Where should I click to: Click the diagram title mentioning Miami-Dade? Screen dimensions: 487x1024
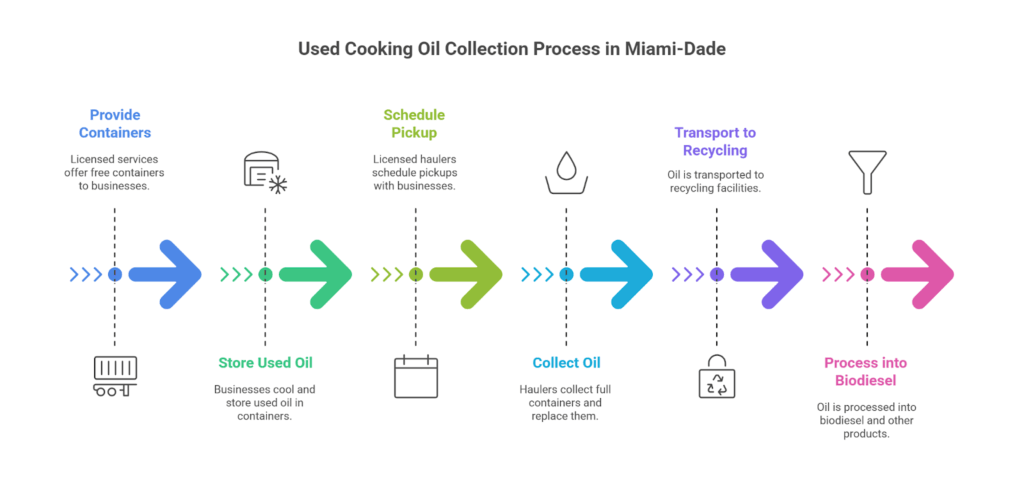(x=511, y=49)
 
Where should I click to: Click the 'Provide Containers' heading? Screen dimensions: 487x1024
(x=114, y=124)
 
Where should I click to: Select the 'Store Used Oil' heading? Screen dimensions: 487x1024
(x=264, y=362)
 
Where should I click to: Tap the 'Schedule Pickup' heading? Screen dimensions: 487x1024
(x=415, y=124)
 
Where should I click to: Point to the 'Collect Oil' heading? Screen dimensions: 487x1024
(x=566, y=362)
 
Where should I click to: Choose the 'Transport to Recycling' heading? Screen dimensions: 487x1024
(x=715, y=141)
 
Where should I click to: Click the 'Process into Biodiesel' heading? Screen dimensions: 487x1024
(x=866, y=371)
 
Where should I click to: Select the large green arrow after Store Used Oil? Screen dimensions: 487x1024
(x=316, y=274)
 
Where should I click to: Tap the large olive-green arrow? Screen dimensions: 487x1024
(x=467, y=274)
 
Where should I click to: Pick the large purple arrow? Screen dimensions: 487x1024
(x=768, y=274)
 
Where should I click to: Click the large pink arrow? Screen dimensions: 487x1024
(x=918, y=274)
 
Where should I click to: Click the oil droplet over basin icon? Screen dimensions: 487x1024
(x=566, y=171)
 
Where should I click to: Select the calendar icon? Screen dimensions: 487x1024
(x=415, y=377)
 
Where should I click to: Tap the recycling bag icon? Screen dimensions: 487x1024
(x=716, y=377)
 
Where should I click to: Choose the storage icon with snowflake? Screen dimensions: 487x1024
(x=265, y=171)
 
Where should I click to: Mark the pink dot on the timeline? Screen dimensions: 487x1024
(x=866, y=274)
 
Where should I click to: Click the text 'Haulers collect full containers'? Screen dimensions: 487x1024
(x=566, y=389)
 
